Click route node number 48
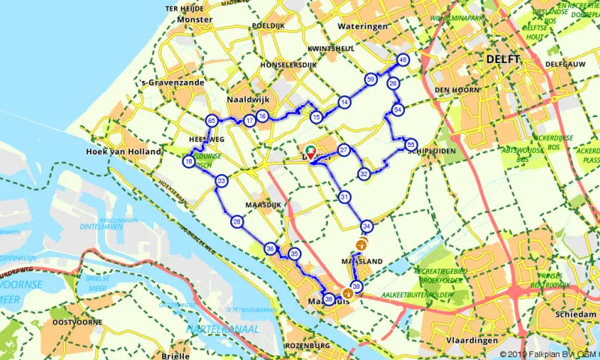coord(403,61)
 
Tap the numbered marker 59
coord(370,79)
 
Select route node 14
coord(343,102)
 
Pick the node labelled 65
coord(211,121)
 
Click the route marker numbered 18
coord(189,161)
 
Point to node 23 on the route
coord(221,181)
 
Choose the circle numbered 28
coord(237,221)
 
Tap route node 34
coord(367,226)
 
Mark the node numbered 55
coord(410,144)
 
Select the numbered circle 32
coord(364,174)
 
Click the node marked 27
coord(343,150)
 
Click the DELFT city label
coord(502,58)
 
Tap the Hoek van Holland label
coord(124,151)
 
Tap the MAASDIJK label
coord(262,204)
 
